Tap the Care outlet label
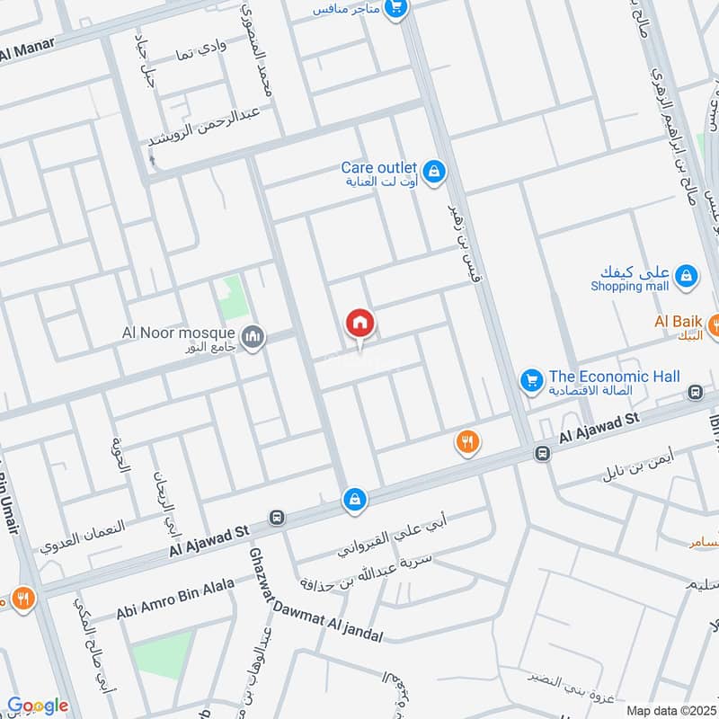378,168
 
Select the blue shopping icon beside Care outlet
434,170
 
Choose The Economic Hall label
615,377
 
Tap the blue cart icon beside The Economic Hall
531,381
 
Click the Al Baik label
678,321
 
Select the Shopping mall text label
630,286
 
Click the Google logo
38,706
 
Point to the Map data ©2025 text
670,711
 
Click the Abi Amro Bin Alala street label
174,599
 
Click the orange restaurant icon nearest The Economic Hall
467,441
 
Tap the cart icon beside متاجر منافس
395,9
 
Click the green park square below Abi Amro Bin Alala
162,654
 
